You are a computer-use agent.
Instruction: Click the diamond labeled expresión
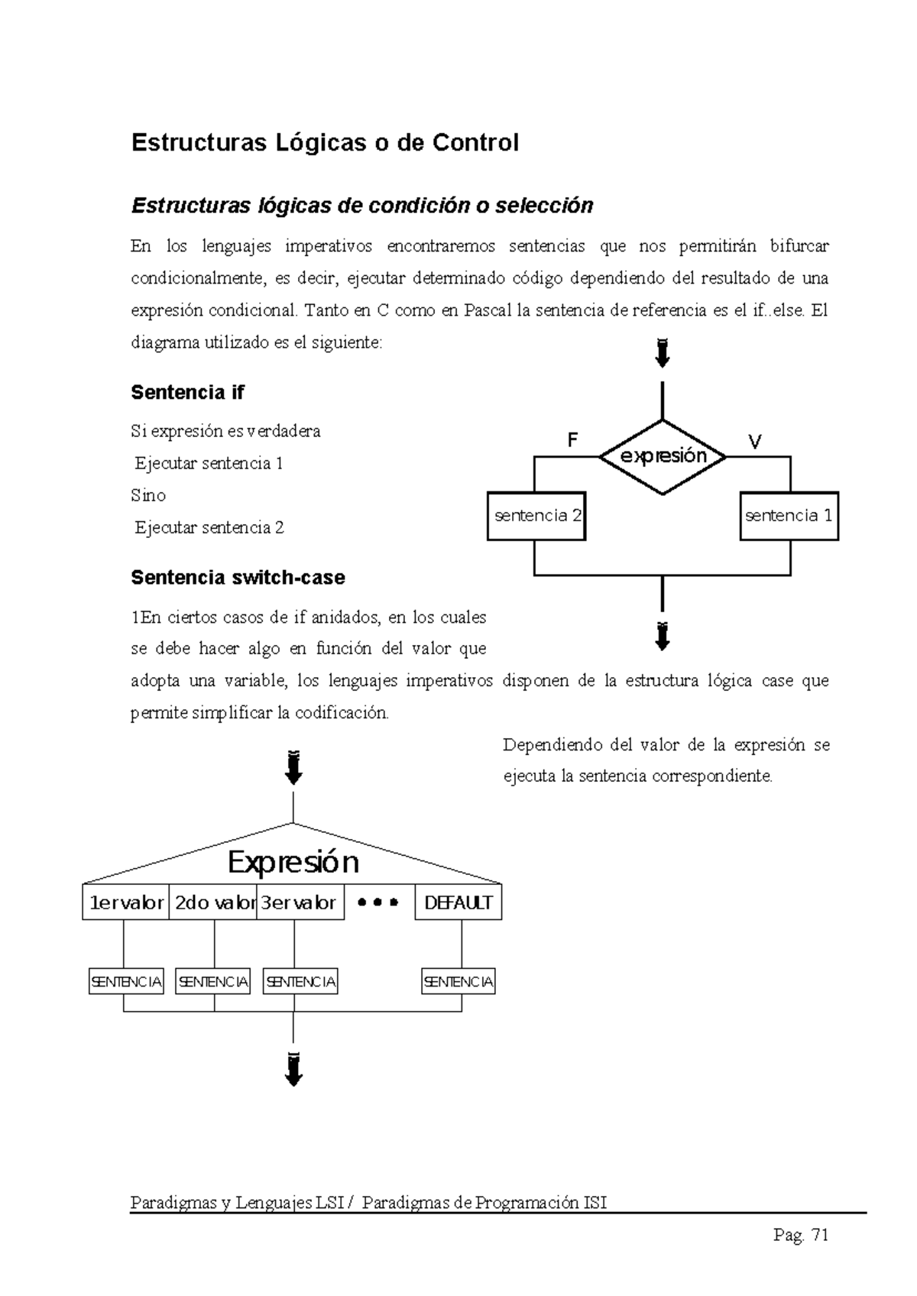click(662, 457)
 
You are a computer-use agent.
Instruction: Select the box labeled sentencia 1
click(789, 516)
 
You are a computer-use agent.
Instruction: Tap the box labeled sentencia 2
click(536, 516)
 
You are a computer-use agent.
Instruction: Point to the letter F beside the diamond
click(572, 440)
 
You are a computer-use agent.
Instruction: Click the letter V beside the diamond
click(755, 442)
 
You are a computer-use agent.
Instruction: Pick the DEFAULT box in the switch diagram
click(458, 902)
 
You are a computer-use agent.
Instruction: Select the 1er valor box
click(126, 902)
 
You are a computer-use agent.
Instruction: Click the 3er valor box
click(300, 902)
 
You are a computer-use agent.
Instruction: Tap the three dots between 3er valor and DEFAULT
click(378, 902)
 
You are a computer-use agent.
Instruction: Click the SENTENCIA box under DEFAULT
click(458, 982)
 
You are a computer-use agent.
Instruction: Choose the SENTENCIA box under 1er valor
click(126, 982)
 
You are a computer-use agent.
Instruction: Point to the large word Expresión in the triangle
click(293, 863)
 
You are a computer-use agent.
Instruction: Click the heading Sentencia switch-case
click(238, 578)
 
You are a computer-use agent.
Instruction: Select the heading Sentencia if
click(187, 393)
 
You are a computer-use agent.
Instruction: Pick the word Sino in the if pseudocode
click(148, 495)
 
